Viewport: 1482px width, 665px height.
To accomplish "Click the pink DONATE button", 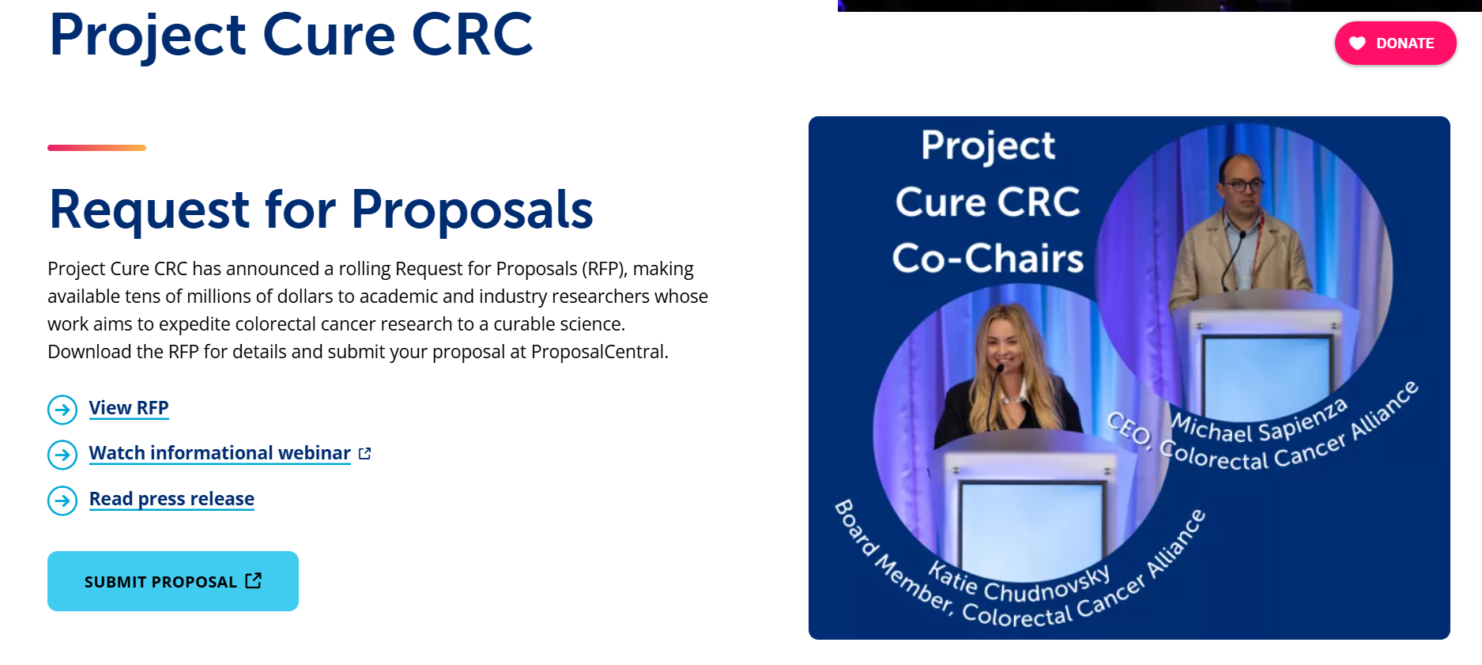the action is click(1395, 43).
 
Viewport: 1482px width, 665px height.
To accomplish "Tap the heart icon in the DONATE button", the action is click(1357, 43).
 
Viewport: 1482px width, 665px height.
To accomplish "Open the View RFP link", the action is click(129, 408).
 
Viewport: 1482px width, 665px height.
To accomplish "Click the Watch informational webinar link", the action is click(220, 453).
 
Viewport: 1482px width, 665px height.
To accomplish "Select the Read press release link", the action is click(172, 499).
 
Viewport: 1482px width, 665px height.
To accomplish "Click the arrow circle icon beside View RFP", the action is click(62, 410).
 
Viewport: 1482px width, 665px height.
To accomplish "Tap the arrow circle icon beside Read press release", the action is click(62, 501).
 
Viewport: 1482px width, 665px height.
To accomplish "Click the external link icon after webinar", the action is click(364, 453).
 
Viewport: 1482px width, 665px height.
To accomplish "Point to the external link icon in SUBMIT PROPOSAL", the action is click(254, 580).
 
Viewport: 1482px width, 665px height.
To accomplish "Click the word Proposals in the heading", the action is click(472, 210).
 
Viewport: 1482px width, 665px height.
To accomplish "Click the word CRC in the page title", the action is click(472, 35).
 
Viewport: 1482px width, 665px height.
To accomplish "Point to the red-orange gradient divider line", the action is click(96, 148).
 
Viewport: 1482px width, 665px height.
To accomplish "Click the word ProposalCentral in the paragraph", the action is click(598, 352).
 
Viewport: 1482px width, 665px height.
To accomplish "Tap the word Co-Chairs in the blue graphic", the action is click(988, 259).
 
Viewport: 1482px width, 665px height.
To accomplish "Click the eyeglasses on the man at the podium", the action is click(1242, 184).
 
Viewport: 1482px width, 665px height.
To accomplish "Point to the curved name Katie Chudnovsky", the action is click(1020, 583).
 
